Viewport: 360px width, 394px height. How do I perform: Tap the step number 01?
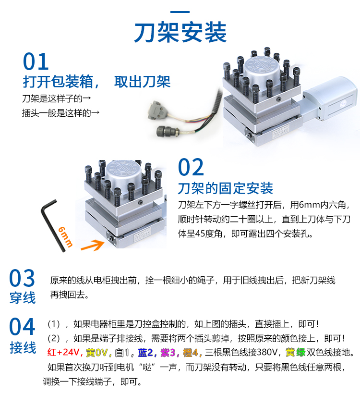pyautogui.click(x=36, y=62)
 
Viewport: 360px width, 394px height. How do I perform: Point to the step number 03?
pyautogui.click(x=23, y=279)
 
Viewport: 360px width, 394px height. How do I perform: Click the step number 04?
pyautogui.click(x=23, y=327)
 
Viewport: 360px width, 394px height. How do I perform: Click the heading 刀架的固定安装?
pyautogui.click(x=225, y=188)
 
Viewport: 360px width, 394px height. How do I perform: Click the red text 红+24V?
pyautogui.click(x=64, y=352)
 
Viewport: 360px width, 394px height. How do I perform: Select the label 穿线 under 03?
pyautogui.click(x=23, y=298)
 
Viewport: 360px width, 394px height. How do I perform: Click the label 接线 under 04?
pyautogui.click(x=23, y=347)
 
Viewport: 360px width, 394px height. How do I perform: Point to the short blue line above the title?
pyautogui.click(x=180, y=12)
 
